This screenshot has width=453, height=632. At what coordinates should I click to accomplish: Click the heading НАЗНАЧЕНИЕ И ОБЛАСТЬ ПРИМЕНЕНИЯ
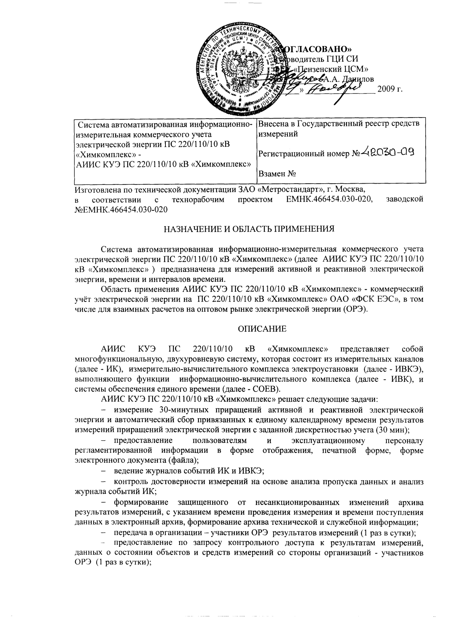[249, 229]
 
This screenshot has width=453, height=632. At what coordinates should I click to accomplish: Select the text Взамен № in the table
[277, 174]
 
